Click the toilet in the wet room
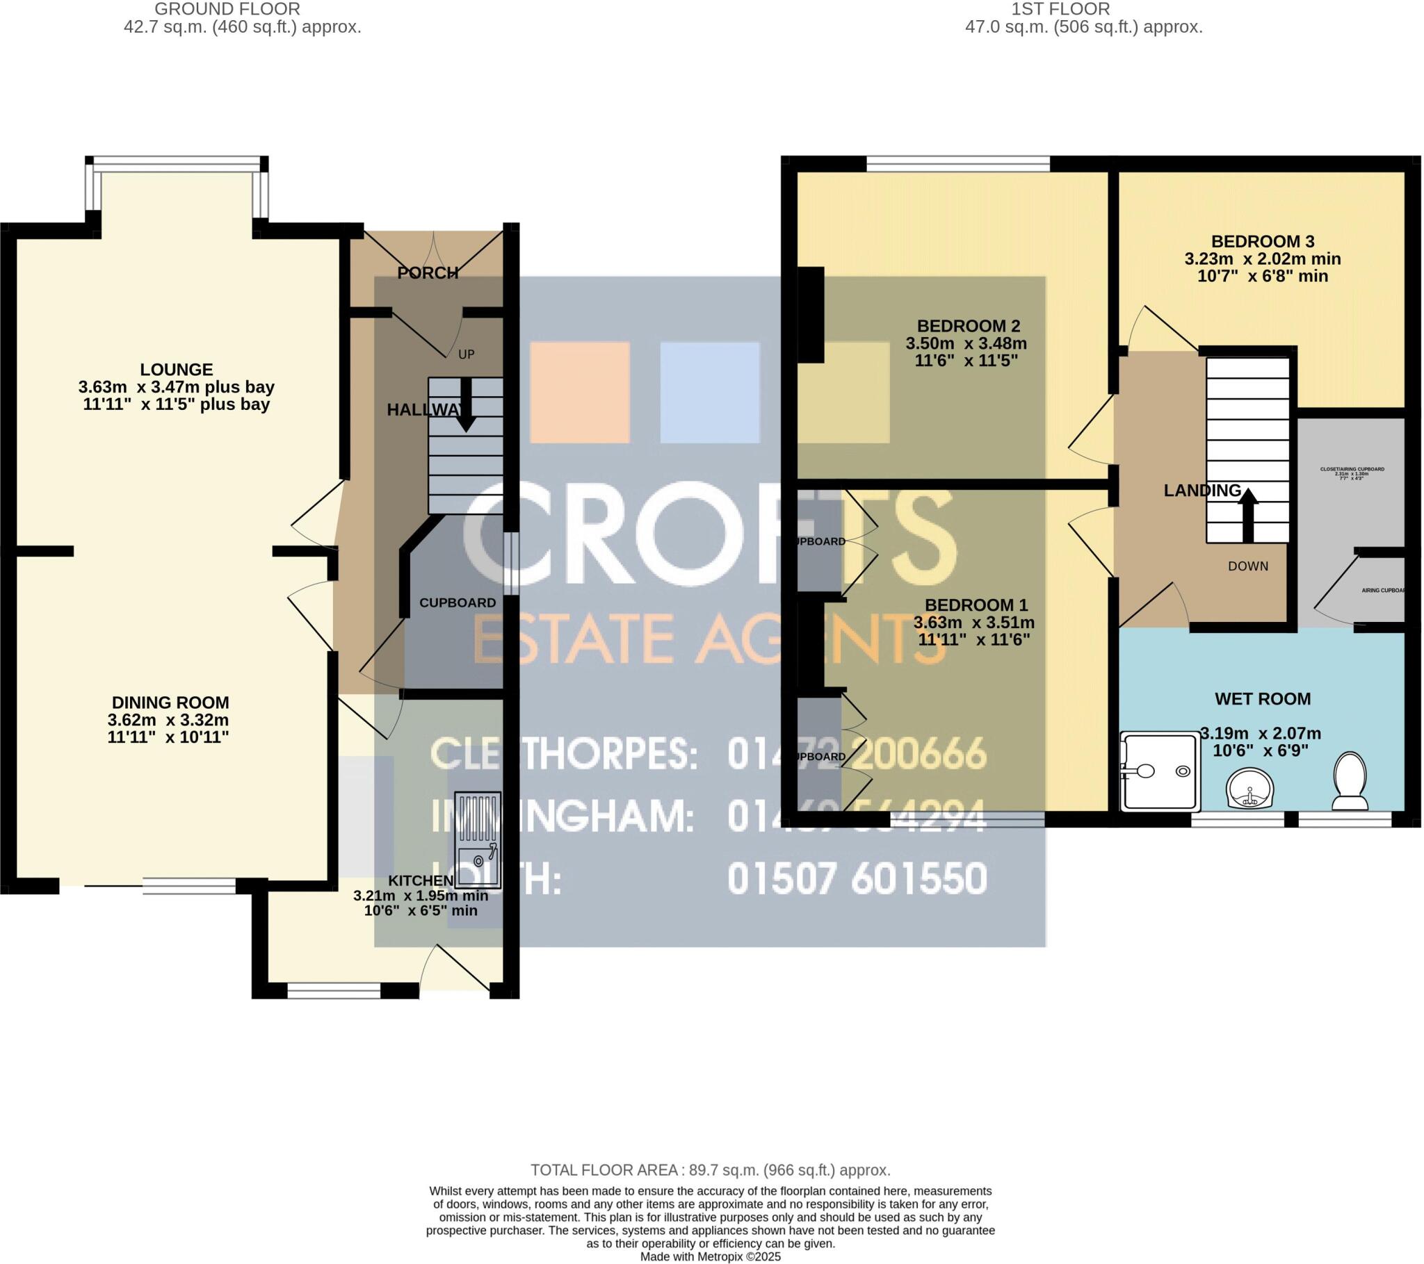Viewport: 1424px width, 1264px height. [x=1350, y=781]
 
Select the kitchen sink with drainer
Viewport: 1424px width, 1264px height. [x=477, y=840]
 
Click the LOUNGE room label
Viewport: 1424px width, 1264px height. [x=176, y=370]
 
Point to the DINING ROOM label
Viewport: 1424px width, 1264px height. [x=170, y=703]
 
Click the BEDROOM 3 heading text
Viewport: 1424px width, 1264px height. [x=1263, y=242]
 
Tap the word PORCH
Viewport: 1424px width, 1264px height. [x=428, y=273]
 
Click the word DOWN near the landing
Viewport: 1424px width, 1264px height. [x=1248, y=566]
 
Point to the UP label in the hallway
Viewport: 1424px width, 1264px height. [x=466, y=354]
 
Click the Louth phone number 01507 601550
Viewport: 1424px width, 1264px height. [x=857, y=879]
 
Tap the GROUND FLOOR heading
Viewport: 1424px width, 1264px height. [x=227, y=9]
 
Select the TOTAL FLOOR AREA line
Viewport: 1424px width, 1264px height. [x=711, y=1170]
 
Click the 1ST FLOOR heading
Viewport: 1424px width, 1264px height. [x=1060, y=9]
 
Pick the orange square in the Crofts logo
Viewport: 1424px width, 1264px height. [x=580, y=392]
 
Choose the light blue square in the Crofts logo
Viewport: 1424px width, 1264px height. [x=709, y=392]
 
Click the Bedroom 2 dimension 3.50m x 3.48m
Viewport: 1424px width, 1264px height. [x=966, y=343]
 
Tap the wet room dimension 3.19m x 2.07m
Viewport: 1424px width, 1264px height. [x=1261, y=733]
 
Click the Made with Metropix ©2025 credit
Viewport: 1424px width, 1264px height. [x=711, y=1257]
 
